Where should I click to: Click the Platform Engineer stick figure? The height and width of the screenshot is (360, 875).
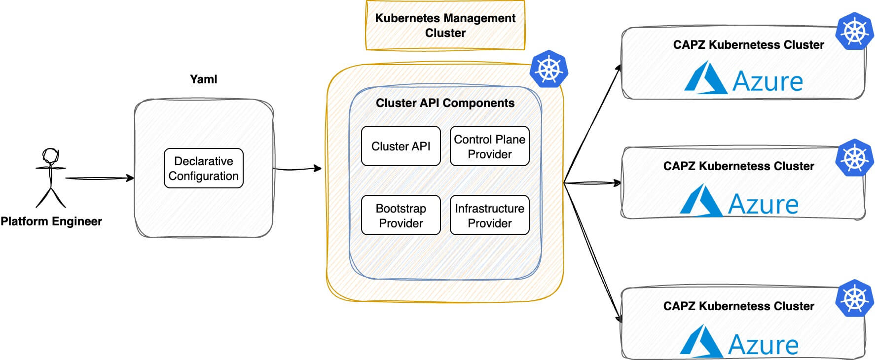coord(50,178)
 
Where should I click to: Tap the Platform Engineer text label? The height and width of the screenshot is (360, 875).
coord(51,221)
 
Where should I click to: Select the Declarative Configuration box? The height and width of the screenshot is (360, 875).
coord(204,168)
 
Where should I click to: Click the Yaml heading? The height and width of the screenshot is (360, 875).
coord(203,79)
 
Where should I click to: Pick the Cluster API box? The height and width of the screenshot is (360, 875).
coord(401,146)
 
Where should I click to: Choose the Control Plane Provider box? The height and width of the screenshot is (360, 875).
coord(489,146)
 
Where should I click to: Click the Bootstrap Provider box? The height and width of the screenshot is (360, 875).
coord(401,216)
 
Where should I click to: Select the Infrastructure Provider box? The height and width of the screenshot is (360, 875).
coord(489,216)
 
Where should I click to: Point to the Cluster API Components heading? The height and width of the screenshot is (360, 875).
coord(445,103)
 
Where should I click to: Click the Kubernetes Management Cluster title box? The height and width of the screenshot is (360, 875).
coord(445,26)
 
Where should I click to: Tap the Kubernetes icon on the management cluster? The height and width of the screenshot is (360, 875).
coord(548,69)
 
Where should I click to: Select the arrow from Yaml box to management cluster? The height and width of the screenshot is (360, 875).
coord(297,169)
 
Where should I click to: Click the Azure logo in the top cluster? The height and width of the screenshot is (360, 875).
coord(744,79)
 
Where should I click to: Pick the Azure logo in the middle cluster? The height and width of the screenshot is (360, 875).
coord(739,202)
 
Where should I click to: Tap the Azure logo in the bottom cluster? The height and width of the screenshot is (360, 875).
coord(739,342)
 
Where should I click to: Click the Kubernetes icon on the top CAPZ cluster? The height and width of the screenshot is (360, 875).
coord(855,32)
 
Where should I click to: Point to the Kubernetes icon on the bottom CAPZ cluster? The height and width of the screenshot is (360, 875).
coord(855,298)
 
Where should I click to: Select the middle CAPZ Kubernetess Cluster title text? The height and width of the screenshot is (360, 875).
coord(738,166)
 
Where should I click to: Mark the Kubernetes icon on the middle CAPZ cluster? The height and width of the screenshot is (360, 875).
coord(855,158)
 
